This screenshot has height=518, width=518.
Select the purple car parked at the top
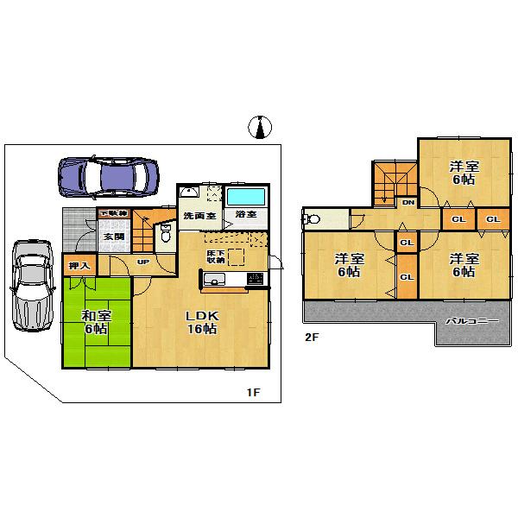click(109, 177)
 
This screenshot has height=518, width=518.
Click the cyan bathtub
click(247, 195)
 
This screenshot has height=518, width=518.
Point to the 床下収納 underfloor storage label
click(216, 255)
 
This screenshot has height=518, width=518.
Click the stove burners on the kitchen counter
click(255, 278)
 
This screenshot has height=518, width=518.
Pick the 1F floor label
click(253, 394)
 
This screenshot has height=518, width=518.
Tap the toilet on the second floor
click(313, 218)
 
